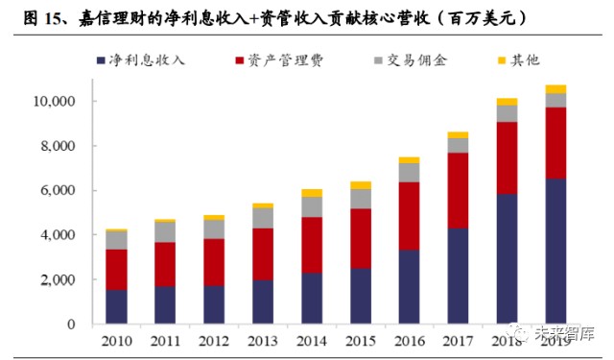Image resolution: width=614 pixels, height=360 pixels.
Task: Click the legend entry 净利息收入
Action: click(147, 60)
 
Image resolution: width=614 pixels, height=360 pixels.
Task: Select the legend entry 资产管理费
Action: click(284, 60)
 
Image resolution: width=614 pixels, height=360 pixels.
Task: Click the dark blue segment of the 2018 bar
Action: click(507, 259)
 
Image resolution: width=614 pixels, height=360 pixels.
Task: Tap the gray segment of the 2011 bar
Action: click(165, 231)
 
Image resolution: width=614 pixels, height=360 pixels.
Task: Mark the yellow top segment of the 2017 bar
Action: click(459, 135)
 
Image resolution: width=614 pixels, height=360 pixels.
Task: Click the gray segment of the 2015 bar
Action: click(361, 198)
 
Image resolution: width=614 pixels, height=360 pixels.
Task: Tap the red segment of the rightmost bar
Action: click(555, 143)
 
